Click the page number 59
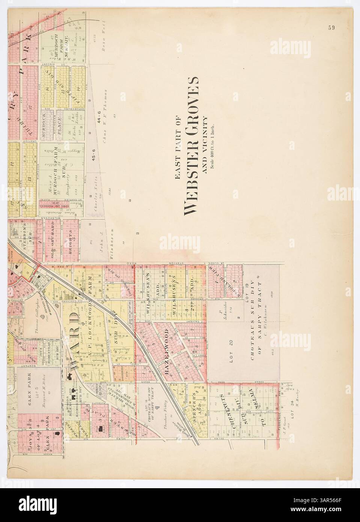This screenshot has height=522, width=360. (x=331, y=27)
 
